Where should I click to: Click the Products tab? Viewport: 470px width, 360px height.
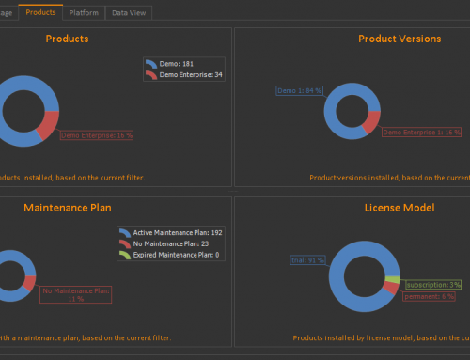pos(40,12)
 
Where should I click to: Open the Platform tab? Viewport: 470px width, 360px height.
pos(84,13)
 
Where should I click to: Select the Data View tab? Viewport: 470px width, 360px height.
pos(128,13)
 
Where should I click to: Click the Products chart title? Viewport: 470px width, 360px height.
pos(67,39)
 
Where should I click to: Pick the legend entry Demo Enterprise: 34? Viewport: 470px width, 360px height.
pos(188,74)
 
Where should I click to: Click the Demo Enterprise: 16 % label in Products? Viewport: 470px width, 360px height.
pos(97,135)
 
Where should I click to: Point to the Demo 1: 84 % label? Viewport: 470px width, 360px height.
pos(300,91)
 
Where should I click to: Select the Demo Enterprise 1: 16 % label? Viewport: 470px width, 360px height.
pos(422,133)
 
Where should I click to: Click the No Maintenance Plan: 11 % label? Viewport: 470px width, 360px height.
pos(77,294)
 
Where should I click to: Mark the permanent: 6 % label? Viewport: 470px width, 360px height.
pos(429,296)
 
